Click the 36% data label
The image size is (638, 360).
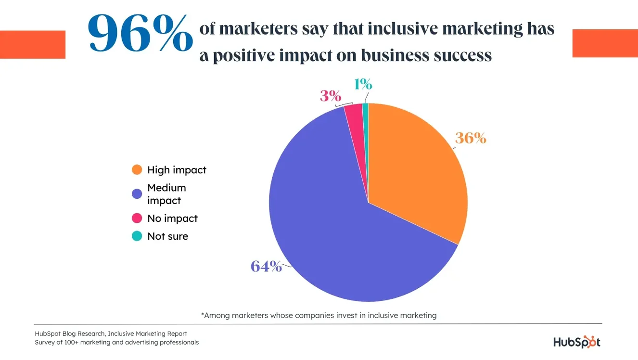pos(471,139)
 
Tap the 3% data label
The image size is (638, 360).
pos(331,96)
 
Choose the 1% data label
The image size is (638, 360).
pos(363,85)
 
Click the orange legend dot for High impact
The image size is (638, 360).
pos(137,170)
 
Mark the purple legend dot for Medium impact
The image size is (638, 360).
pos(137,194)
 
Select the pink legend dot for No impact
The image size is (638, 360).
pos(137,219)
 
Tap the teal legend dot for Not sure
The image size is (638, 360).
pos(137,236)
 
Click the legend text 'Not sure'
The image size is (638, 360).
pos(167,236)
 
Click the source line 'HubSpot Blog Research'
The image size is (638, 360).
pos(111,334)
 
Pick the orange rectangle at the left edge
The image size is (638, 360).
pos(32,44)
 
